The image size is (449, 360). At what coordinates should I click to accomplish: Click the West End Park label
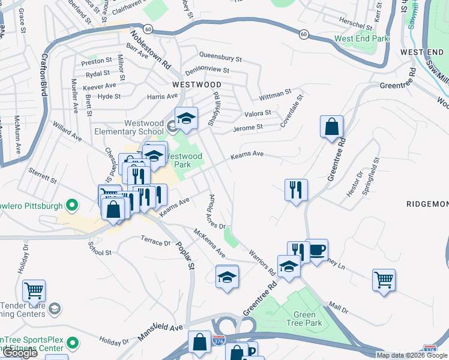tap(361, 38)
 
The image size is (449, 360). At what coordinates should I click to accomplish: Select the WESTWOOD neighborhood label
tap(196, 85)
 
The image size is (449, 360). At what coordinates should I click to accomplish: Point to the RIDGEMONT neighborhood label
tap(427, 204)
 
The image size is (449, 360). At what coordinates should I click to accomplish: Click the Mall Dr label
tap(339, 308)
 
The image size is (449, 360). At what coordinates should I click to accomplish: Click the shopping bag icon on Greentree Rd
tap(331, 127)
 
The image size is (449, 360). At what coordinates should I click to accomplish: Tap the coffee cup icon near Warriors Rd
tap(316, 250)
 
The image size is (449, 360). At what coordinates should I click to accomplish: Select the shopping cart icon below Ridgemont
tap(384, 280)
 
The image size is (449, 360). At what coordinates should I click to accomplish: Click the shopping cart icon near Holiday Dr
tap(34, 291)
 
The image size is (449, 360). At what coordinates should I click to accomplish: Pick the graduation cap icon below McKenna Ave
tap(226, 277)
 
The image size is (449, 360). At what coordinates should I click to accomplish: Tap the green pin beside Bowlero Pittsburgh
tap(71, 206)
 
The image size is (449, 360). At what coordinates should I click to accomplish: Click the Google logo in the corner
tap(19, 353)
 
